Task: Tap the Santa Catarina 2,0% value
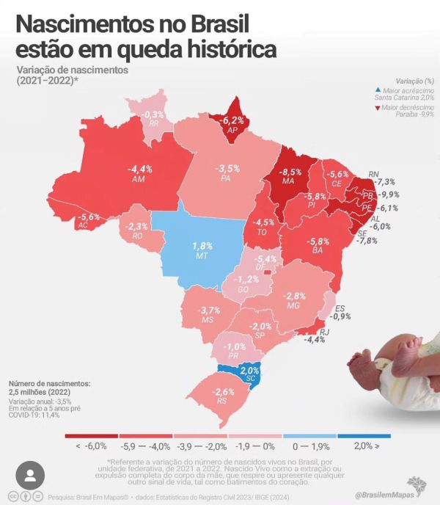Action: point(250,371)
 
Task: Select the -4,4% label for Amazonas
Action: point(142,169)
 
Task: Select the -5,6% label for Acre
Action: point(89,217)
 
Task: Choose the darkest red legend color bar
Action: point(91,435)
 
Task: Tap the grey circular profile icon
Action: point(30,476)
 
